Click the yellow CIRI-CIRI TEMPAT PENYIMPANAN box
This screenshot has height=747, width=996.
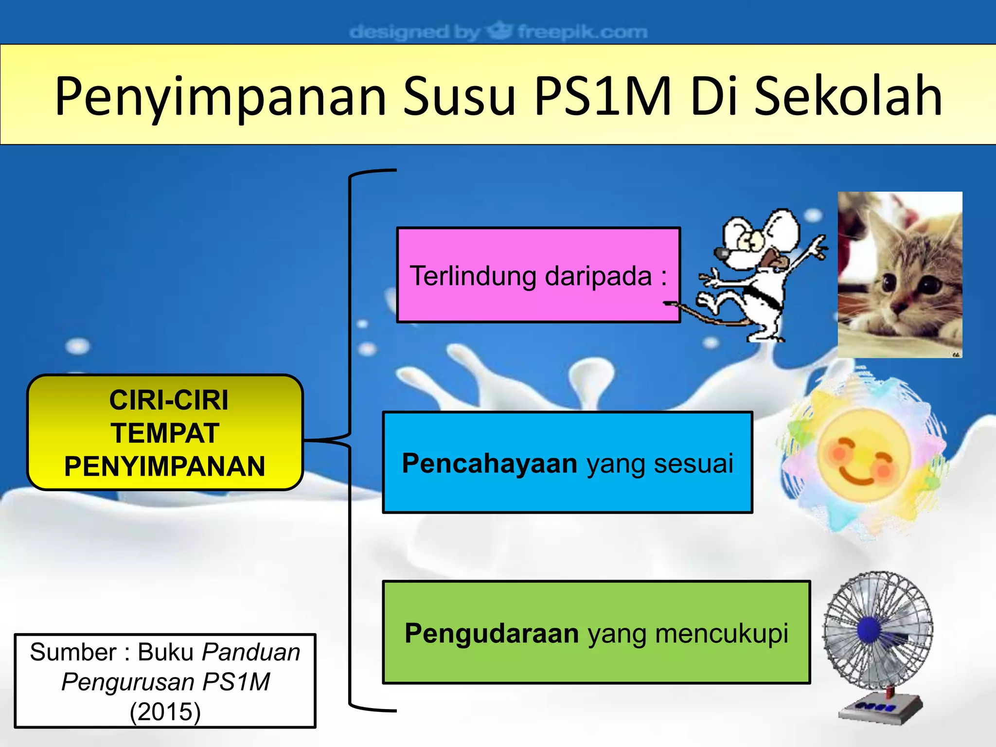coord(165,432)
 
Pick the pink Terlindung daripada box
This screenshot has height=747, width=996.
coord(538,275)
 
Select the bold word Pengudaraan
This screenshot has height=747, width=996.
coord(492,633)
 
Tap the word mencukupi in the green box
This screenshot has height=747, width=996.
coord(722,633)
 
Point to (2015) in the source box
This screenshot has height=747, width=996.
coord(165,711)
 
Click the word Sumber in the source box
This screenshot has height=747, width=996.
coord(73,653)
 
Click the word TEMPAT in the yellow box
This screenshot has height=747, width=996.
coord(165,433)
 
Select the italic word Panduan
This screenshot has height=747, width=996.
coord(251,653)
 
